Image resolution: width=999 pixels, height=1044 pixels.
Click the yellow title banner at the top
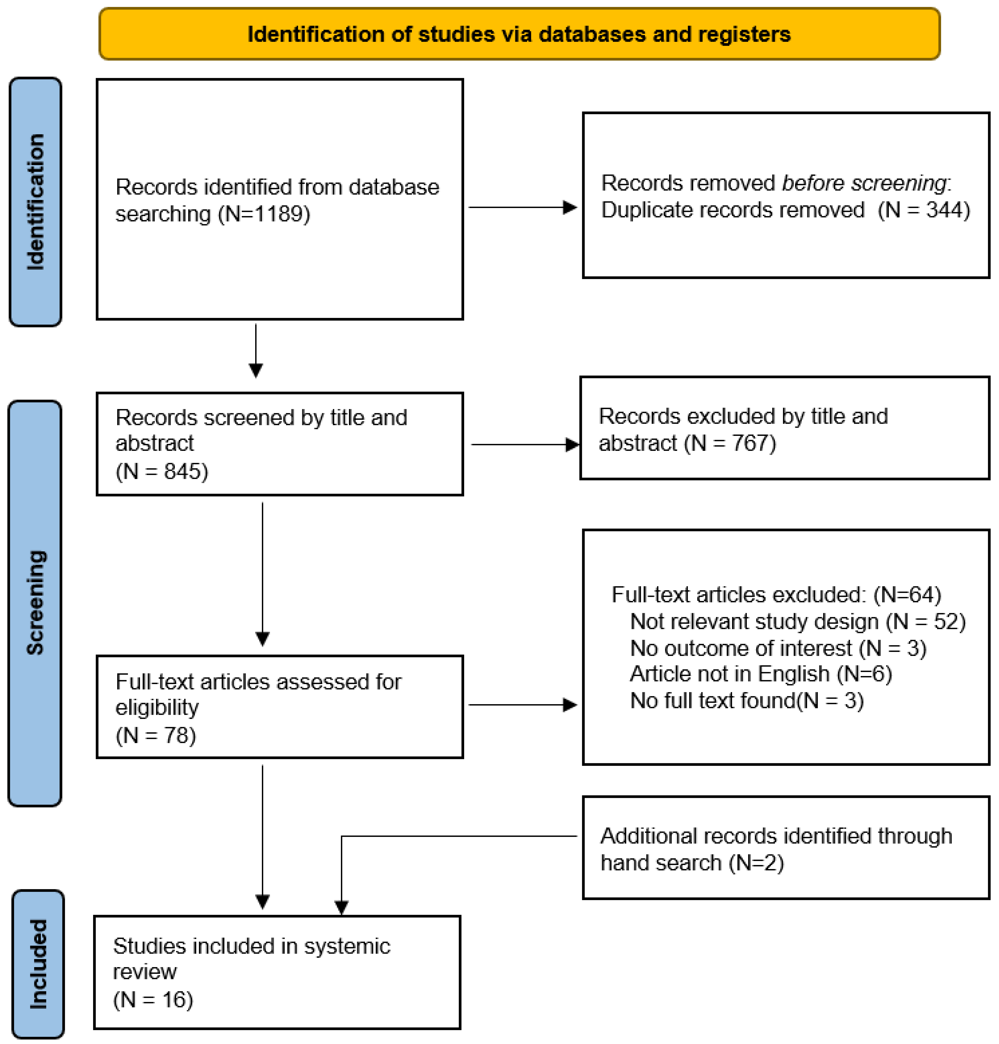(519, 33)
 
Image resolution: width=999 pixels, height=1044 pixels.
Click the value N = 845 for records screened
(162, 471)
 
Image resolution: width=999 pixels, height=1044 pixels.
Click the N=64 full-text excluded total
(907, 594)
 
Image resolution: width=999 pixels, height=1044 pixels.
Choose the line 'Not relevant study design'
(754, 621)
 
